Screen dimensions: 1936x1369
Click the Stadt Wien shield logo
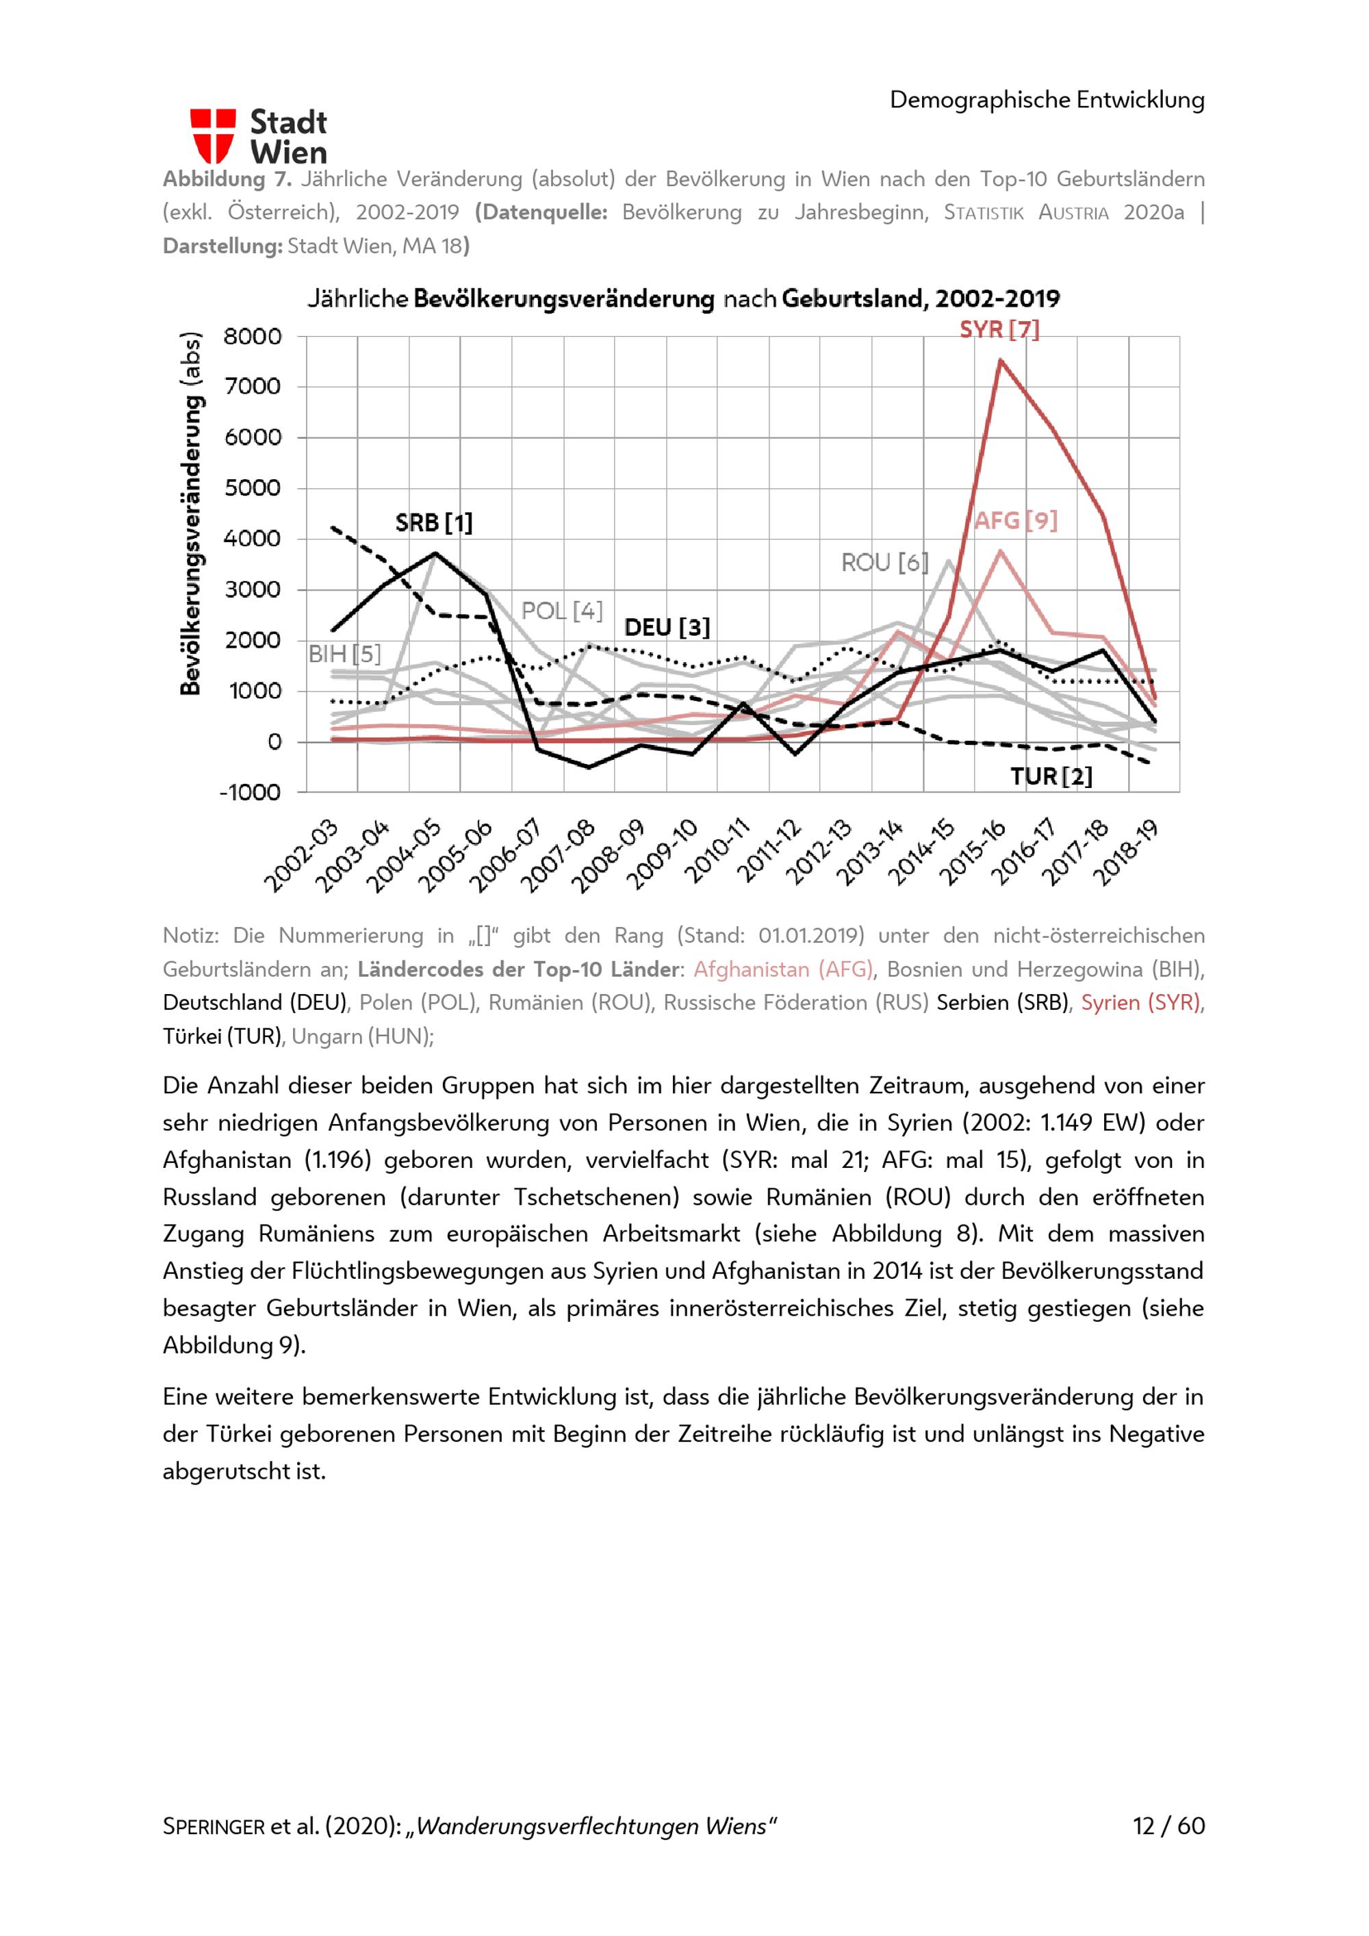(212, 136)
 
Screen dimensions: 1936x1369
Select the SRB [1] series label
(433, 523)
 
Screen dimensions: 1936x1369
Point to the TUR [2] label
(1051, 776)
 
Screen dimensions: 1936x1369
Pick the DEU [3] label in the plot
(667, 627)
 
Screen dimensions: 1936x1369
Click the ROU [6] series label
(884, 563)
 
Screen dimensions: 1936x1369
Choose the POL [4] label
(561, 611)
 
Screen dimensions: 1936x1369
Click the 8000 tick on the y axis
(252, 336)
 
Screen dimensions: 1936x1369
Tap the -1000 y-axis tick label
(250, 793)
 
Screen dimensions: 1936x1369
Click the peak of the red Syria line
(1000, 360)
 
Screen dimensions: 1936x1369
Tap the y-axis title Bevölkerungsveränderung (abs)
(192, 513)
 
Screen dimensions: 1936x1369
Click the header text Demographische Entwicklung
(1047, 99)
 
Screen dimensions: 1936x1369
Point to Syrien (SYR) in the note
(1140, 1002)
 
